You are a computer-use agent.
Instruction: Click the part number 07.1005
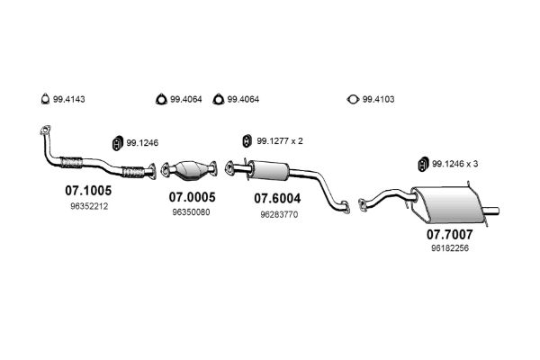[88, 190]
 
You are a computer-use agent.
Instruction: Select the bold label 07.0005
[193, 197]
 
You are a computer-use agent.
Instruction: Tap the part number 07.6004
[277, 198]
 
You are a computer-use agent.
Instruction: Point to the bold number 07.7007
[450, 235]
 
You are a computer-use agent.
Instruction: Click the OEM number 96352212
[89, 206]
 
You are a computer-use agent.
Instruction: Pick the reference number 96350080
[191, 212]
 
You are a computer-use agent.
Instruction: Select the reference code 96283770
[279, 214]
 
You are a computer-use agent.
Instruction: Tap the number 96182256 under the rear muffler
[450, 248]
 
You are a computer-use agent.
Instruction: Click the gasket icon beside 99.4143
[45, 99]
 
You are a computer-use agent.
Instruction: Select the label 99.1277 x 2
[280, 141]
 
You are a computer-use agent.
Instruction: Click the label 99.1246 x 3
[454, 164]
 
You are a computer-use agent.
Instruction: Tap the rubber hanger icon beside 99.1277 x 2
[247, 141]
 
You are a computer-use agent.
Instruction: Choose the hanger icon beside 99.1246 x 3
[423, 164]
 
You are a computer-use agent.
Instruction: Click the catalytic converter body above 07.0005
[190, 169]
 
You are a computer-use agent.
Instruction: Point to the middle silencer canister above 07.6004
[269, 170]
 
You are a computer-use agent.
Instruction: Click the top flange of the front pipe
[45, 130]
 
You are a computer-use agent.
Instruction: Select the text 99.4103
[378, 100]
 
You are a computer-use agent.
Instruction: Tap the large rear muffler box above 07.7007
[447, 204]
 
